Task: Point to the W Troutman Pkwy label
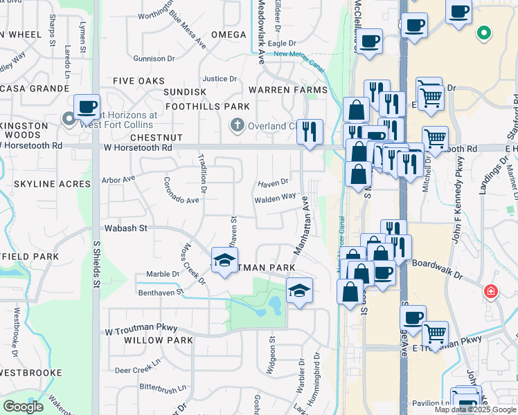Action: coord(142,328)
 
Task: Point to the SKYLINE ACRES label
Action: coord(52,184)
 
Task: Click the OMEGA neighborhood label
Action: coord(229,35)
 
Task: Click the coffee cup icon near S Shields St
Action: coord(87,107)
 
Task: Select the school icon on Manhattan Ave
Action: coord(299,291)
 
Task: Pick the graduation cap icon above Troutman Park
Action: coord(224,260)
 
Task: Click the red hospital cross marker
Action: coord(491,291)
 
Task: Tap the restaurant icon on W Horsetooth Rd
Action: coord(309,131)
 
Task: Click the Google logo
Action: coord(23,406)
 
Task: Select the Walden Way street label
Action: coord(275,198)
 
